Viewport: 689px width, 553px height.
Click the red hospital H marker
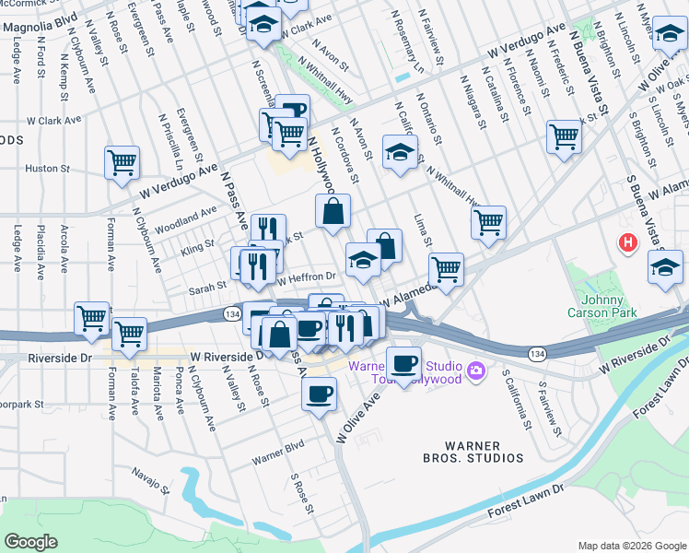[x=628, y=243]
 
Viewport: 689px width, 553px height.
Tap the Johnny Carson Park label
[x=609, y=307]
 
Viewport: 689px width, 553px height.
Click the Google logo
[x=30, y=542]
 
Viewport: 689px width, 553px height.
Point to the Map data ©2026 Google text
[x=631, y=546]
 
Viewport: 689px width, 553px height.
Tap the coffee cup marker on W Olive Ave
[x=320, y=394]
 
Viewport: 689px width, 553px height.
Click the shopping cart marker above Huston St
[x=122, y=162]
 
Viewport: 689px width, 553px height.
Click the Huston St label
[x=41, y=169]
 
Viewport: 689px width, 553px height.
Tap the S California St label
[x=516, y=401]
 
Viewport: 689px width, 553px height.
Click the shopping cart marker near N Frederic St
[x=564, y=136]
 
